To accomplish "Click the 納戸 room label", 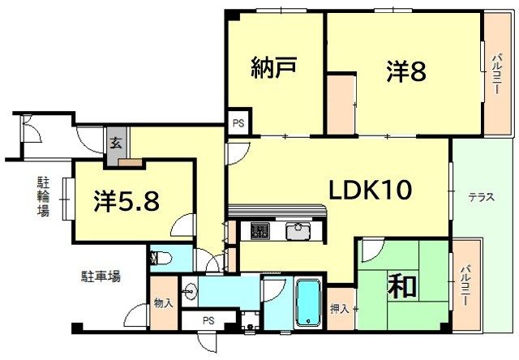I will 273,66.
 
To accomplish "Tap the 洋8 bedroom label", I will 406,71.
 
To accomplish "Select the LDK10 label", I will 371,190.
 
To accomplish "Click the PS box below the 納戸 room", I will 238,123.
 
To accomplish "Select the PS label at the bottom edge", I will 208,320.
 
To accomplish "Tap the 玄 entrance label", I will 116,144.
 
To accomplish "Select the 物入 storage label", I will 163,304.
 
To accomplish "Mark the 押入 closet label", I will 342,309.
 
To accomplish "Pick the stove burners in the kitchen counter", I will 260,230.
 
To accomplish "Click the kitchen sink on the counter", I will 297,230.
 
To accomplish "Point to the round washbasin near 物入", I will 190,292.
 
